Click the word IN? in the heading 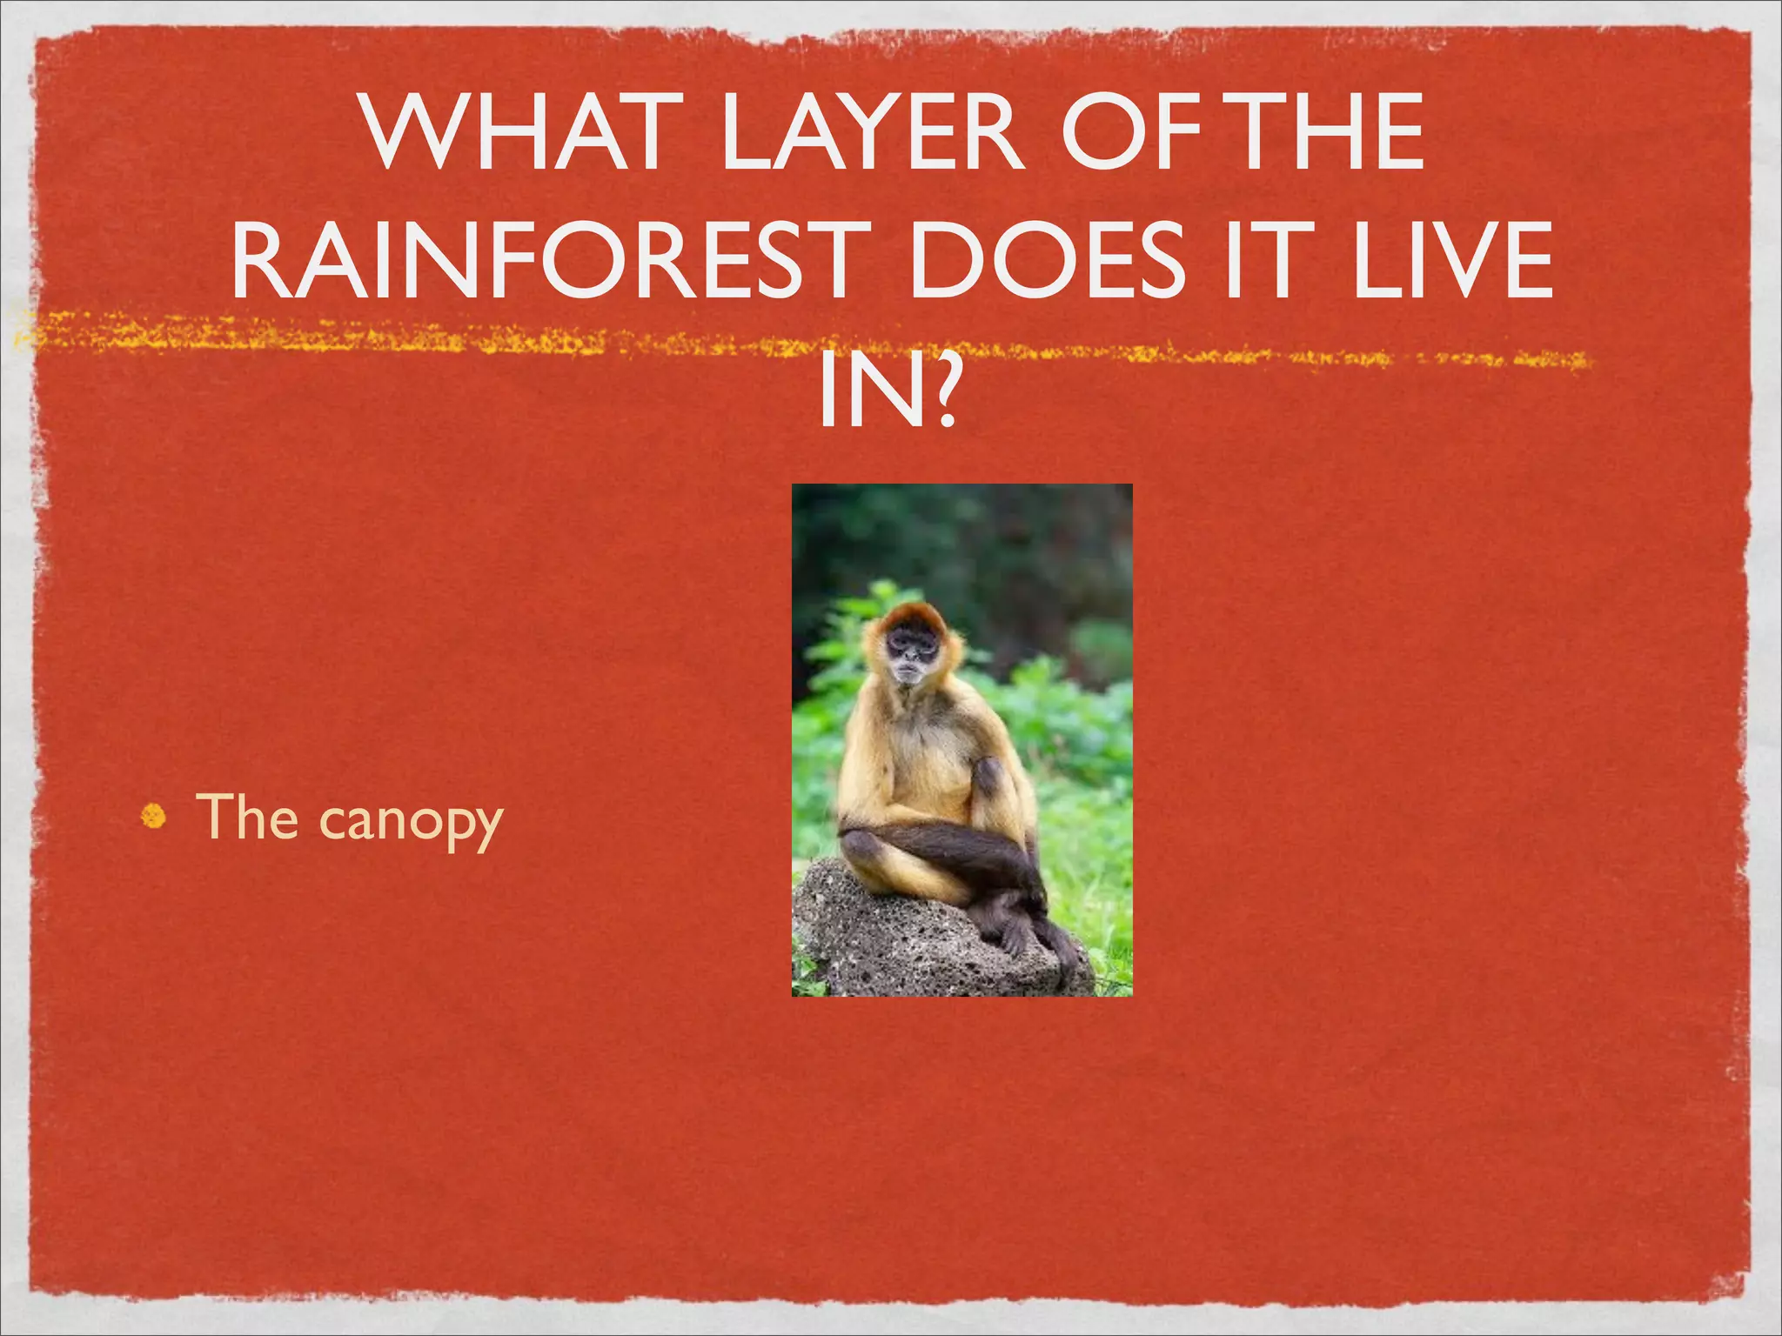pos(888,392)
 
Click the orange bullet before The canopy pos(153,817)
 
